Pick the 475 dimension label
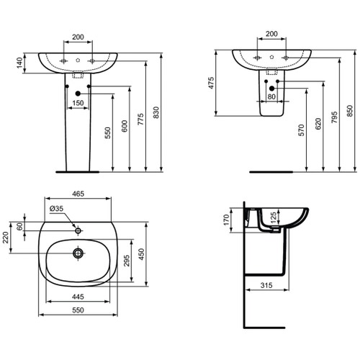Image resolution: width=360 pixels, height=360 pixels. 212,83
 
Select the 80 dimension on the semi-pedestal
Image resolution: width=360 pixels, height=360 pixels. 271,96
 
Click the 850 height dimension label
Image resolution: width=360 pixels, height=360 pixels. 350,108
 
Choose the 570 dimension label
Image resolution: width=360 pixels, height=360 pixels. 302,131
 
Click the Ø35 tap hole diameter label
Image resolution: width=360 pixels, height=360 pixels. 56,210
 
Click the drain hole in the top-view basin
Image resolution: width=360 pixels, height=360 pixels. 78,253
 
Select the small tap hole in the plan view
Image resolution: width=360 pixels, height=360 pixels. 78,230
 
